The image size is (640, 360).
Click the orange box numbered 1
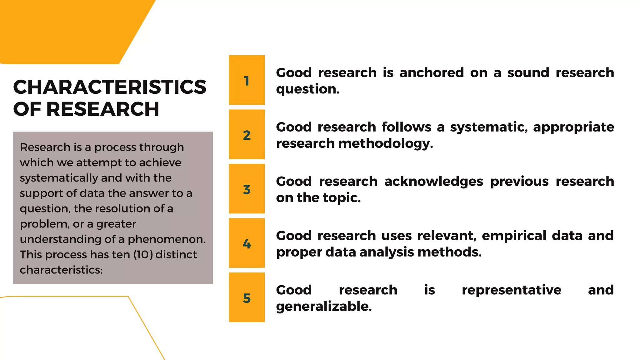[x=247, y=80]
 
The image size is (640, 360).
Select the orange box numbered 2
[x=247, y=134]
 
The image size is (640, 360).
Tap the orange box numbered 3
[x=247, y=189]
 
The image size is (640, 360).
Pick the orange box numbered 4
[x=247, y=243]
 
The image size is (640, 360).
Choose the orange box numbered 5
[x=247, y=297]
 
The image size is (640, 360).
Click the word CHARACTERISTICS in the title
[x=110, y=87]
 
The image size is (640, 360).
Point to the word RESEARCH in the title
[x=103, y=109]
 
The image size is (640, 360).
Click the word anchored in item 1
[x=432, y=73]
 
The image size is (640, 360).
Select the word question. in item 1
[x=307, y=89]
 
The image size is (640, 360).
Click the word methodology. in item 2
[x=386, y=144]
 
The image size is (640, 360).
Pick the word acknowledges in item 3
[x=434, y=182]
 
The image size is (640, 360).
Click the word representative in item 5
[x=511, y=290]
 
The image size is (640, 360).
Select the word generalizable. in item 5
[x=324, y=307]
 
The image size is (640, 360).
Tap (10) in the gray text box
[x=143, y=255]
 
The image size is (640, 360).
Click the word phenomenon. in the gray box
[x=167, y=239]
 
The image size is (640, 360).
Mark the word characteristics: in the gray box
[x=61, y=270]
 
